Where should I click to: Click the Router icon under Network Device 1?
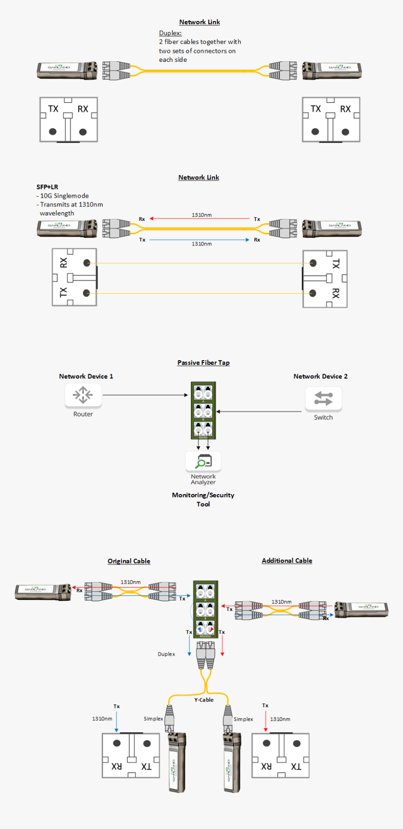(83, 395)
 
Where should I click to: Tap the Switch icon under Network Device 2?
(323, 399)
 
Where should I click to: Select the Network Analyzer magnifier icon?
(203, 461)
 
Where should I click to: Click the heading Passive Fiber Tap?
(203, 363)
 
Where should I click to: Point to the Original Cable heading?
(129, 561)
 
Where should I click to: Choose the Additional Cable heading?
(287, 561)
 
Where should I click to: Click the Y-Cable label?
(204, 700)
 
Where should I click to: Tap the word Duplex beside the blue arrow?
(166, 654)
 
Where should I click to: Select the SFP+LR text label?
(47, 187)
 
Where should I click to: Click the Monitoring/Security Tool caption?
(203, 499)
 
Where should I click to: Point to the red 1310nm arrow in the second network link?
(200, 219)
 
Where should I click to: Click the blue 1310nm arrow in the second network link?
(200, 240)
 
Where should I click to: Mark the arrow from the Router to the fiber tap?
(145, 395)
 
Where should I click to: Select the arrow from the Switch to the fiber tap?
(259, 412)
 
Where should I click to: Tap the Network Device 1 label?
(86, 376)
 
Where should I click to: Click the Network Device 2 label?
(321, 376)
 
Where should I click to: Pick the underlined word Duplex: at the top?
(170, 33)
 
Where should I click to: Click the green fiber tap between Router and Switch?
(203, 410)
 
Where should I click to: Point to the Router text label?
(83, 414)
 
